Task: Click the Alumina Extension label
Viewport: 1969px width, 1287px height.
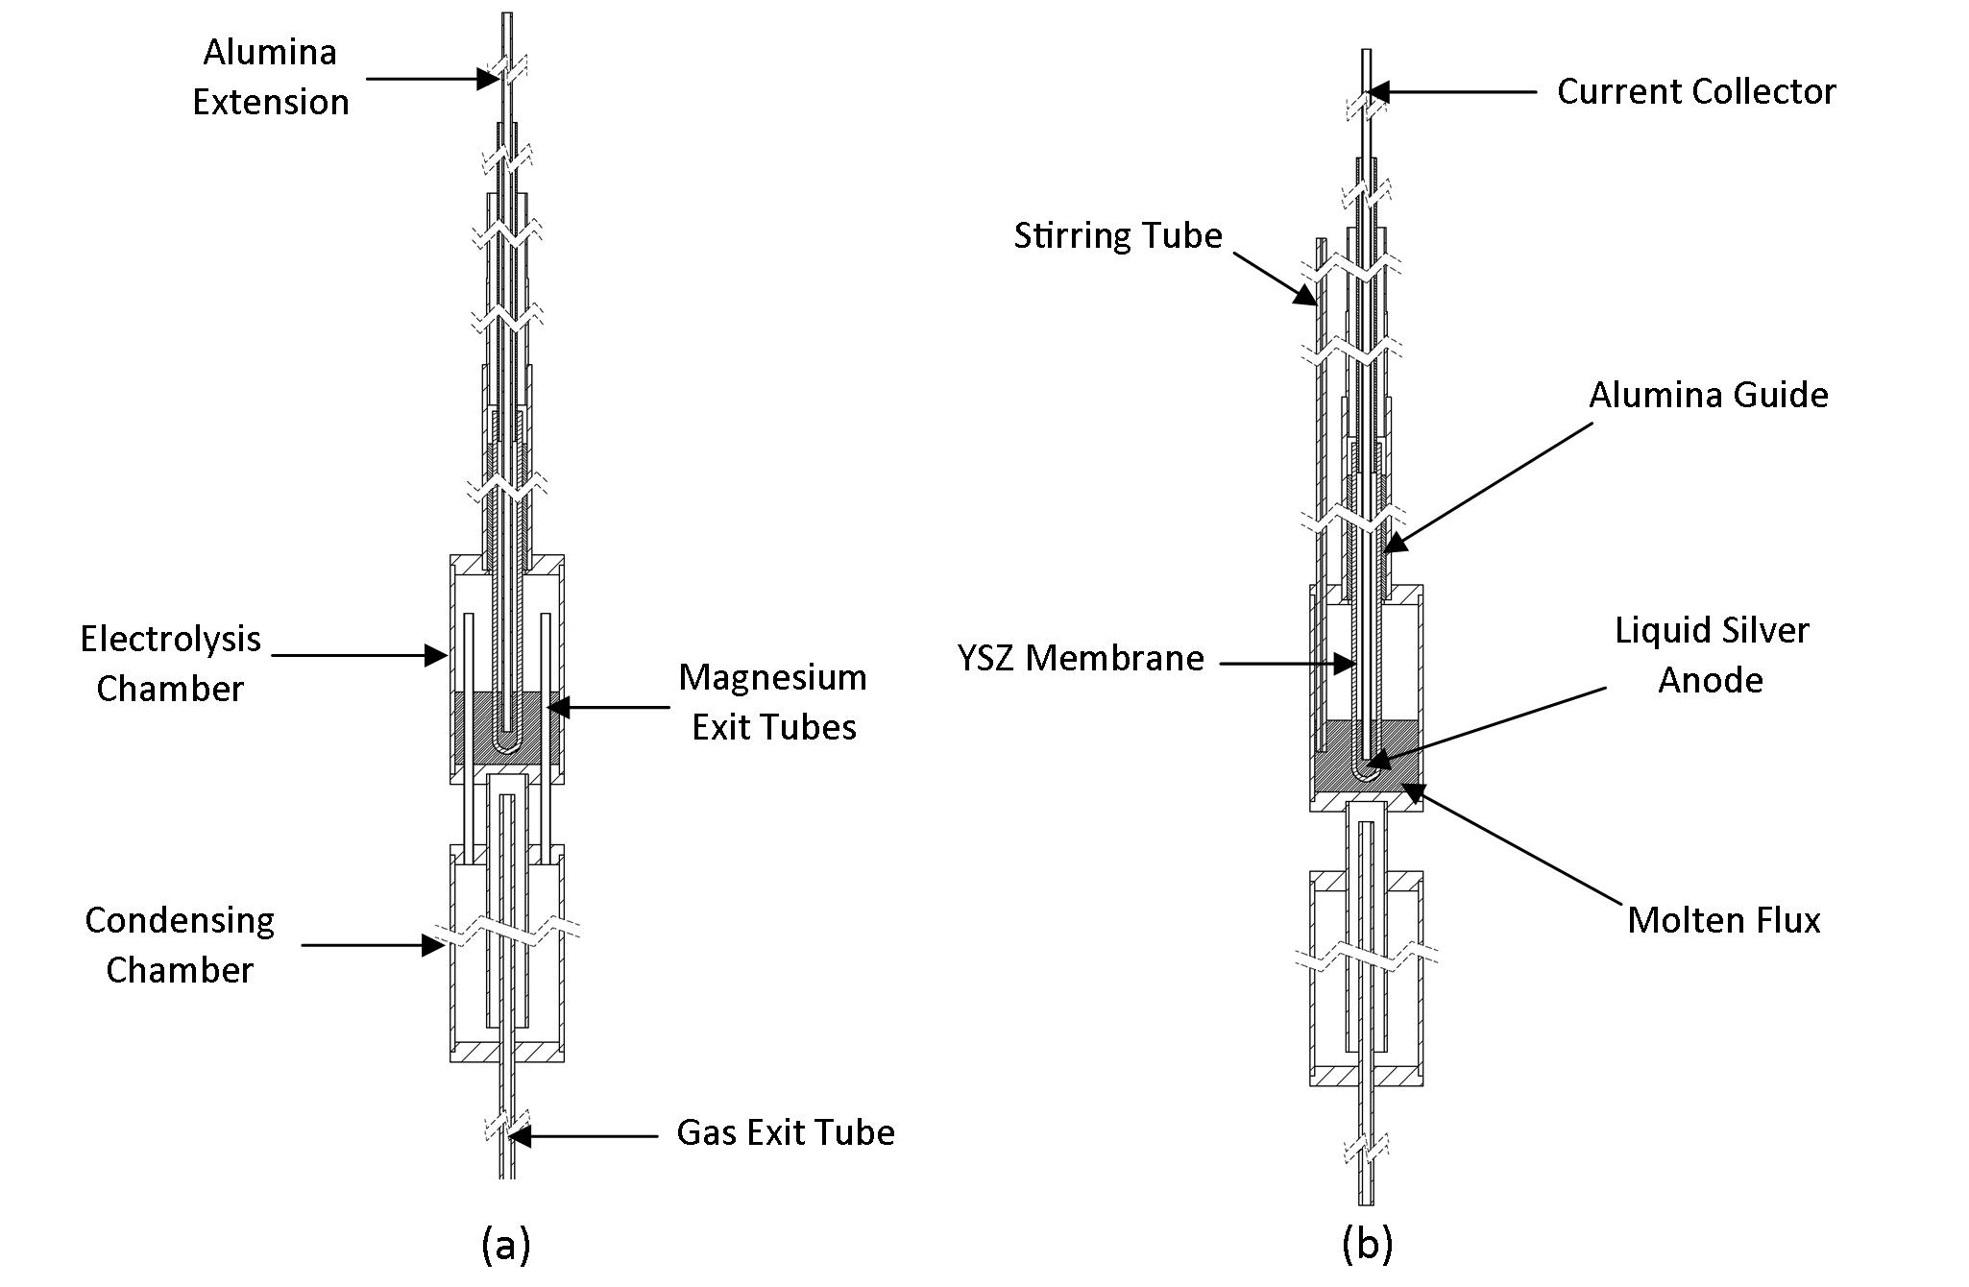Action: point(270,77)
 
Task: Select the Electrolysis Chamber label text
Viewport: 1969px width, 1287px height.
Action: point(170,664)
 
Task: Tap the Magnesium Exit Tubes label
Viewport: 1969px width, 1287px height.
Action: point(773,702)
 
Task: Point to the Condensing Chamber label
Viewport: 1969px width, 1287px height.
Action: point(180,945)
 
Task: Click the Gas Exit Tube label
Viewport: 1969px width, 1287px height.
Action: point(786,1133)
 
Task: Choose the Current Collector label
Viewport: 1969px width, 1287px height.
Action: point(1696,92)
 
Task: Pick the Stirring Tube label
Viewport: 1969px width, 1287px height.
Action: point(1118,236)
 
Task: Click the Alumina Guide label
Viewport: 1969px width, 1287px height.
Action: point(1709,396)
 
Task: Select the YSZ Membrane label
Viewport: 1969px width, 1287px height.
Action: point(1081,659)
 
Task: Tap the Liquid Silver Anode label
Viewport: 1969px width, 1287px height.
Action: point(1712,655)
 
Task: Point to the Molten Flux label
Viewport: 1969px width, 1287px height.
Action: point(1724,920)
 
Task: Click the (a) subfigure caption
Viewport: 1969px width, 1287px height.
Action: point(505,1245)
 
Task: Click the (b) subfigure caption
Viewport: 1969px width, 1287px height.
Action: point(1367,1245)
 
